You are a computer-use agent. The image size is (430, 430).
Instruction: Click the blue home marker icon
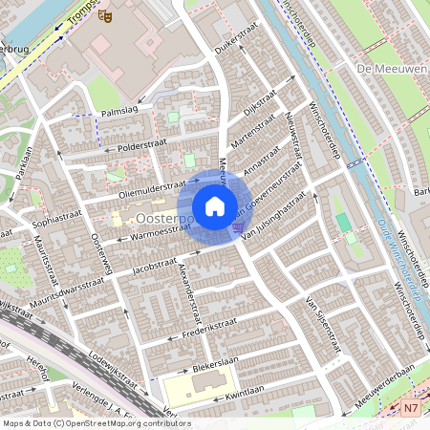tap(215, 206)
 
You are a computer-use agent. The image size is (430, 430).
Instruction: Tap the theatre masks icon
tap(108, 14)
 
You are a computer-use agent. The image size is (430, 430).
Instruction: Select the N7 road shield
tap(411, 408)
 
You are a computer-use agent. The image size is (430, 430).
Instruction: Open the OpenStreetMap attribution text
tap(97, 423)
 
